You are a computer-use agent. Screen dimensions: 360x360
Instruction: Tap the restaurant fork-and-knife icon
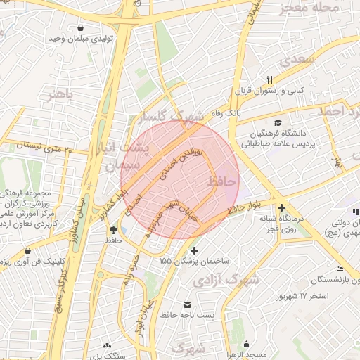(269, 79)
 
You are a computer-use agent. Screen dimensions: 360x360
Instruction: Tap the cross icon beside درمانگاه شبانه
(281, 207)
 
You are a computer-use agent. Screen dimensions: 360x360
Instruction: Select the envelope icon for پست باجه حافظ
(188, 304)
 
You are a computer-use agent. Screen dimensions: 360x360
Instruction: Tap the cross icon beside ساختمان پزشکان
(195, 250)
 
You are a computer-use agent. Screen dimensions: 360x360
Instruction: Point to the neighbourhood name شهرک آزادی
(226, 280)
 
